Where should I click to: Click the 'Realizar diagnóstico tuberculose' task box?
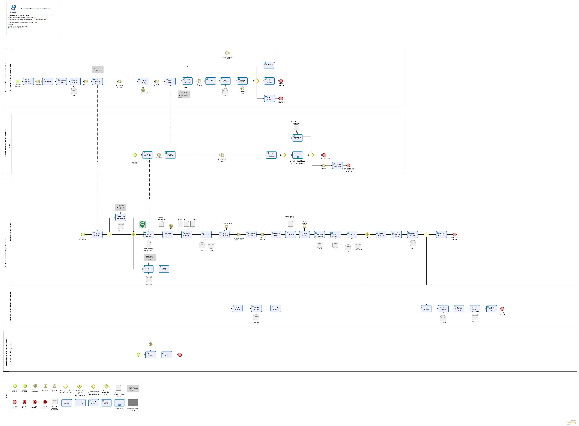click(x=28, y=82)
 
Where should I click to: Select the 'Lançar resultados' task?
click(x=75, y=82)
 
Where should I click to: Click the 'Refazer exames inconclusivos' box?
click(x=269, y=65)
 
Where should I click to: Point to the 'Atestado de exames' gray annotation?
click(x=98, y=70)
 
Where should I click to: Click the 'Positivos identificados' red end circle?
click(x=281, y=98)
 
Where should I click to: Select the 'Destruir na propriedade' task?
click(x=297, y=138)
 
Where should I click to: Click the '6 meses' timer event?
click(x=324, y=166)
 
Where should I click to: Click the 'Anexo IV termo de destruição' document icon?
click(x=296, y=127)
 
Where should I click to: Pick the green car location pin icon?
click(x=142, y=224)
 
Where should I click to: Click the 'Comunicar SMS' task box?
click(x=168, y=234)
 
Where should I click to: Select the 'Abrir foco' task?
click(x=206, y=234)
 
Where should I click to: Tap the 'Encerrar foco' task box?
click(x=352, y=234)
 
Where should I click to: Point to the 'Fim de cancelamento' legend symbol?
click(x=45, y=402)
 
